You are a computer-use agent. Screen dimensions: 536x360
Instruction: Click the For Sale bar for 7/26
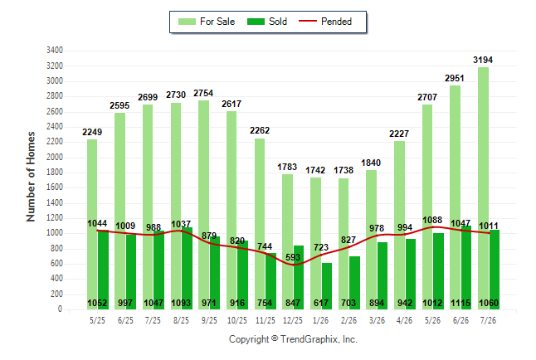coord(484,188)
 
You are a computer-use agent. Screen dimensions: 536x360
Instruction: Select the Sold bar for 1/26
coord(327,286)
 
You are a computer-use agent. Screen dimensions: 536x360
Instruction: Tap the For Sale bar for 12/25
coord(287,241)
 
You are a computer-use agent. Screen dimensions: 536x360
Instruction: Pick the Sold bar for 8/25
coord(187,269)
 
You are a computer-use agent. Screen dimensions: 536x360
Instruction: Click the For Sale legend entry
coord(207,22)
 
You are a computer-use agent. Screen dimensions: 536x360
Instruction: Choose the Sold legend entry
coord(267,22)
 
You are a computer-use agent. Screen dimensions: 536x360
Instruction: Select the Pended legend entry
coord(325,22)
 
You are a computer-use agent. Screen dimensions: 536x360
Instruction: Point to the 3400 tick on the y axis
coord(55,51)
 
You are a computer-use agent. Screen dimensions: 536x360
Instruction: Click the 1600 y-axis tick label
coord(55,187)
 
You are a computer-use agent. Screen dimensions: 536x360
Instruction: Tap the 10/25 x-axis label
coord(237,320)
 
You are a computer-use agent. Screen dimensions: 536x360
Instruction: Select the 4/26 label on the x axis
coord(404,320)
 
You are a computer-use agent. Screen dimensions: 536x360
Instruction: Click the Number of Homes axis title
coord(31,177)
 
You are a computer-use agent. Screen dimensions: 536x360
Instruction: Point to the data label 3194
coord(483,60)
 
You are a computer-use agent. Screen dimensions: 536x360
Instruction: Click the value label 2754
coord(203,93)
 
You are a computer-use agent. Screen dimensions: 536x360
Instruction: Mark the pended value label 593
coord(293,257)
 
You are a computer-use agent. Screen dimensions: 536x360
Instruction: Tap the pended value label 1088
coord(432,220)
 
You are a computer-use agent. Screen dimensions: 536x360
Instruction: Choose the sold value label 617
coord(321,303)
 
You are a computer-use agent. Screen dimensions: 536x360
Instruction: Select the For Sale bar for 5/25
coord(92,224)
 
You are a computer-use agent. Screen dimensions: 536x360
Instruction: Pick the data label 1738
coord(344,170)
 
